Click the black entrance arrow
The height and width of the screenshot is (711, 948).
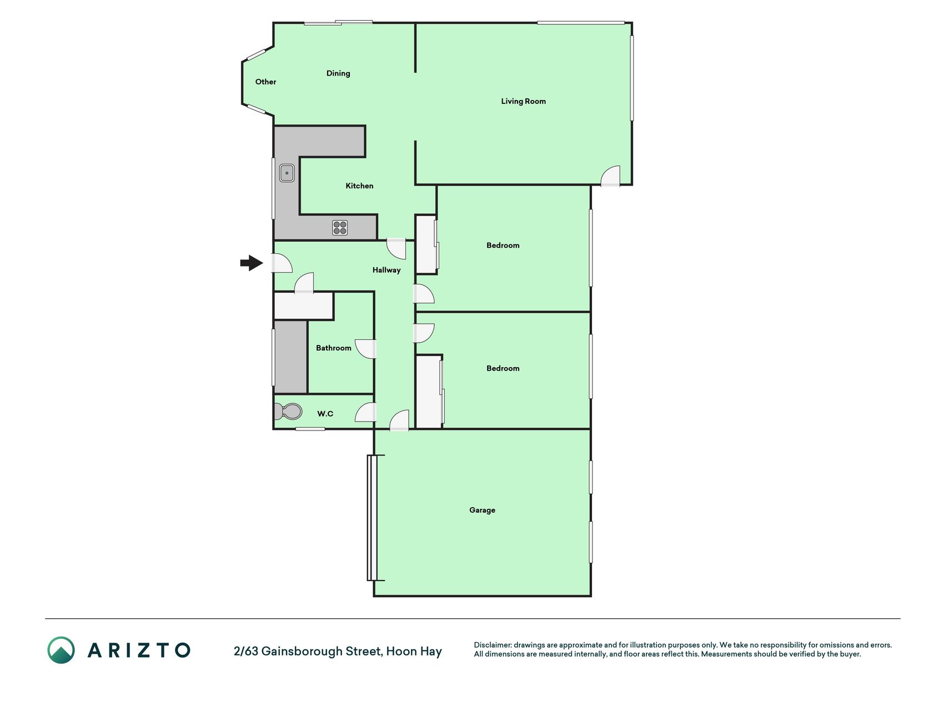point(252,263)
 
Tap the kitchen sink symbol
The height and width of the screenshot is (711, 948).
point(287,173)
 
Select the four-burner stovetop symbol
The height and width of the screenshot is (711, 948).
point(340,228)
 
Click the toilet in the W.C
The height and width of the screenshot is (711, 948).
point(288,412)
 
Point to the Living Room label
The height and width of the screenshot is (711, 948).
point(523,101)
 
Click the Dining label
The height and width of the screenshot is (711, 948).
point(338,73)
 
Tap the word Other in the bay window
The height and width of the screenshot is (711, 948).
point(265,82)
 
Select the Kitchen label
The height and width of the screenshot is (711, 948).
point(359,186)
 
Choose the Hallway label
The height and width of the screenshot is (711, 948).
point(387,270)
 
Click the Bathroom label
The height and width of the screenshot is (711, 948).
point(334,348)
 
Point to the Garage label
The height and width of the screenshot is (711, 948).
point(482,510)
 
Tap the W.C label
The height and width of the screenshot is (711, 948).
point(325,413)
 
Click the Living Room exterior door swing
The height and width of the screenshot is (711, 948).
point(610,176)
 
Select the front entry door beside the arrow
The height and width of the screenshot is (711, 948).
point(282,263)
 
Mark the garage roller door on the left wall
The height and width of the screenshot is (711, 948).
point(372,518)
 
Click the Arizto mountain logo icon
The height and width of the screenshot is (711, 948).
point(61,650)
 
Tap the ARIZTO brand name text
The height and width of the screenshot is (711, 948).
point(139,650)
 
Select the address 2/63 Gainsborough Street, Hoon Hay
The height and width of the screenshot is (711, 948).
point(338,651)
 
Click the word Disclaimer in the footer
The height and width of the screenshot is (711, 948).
point(492,645)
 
